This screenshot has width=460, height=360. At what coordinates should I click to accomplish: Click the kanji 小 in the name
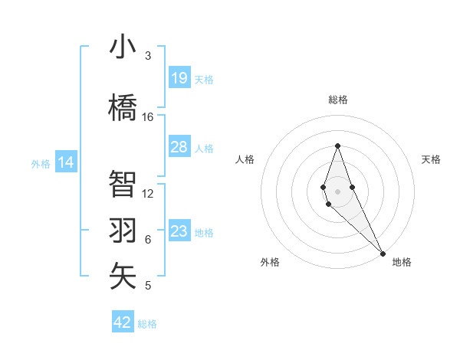(x=123, y=47)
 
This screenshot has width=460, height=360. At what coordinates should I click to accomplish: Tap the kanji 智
(x=123, y=185)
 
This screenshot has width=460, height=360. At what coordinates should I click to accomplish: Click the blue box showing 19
(x=179, y=78)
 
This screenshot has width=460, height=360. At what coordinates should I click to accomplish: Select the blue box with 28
(x=179, y=147)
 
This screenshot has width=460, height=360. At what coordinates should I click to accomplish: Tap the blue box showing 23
(x=179, y=231)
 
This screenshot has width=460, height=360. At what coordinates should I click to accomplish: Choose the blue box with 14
(x=66, y=162)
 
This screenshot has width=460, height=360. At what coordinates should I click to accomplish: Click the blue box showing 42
(x=123, y=322)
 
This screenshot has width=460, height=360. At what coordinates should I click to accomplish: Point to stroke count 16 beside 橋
(x=148, y=117)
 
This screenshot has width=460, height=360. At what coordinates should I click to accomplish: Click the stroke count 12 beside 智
(x=148, y=193)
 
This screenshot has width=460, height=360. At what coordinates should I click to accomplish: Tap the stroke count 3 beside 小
(x=148, y=56)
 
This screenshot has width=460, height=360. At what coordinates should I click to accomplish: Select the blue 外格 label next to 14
(x=40, y=163)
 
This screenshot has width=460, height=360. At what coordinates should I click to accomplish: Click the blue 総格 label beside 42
(x=147, y=324)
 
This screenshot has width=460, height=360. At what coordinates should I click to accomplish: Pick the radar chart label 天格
(x=432, y=159)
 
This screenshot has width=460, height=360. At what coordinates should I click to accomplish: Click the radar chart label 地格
(x=402, y=263)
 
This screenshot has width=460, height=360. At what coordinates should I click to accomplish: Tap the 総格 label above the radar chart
(x=337, y=100)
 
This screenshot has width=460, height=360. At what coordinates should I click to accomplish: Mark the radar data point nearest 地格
(x=383, y=253)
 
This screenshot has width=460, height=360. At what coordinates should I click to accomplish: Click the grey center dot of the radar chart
(x=337, y=190)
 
